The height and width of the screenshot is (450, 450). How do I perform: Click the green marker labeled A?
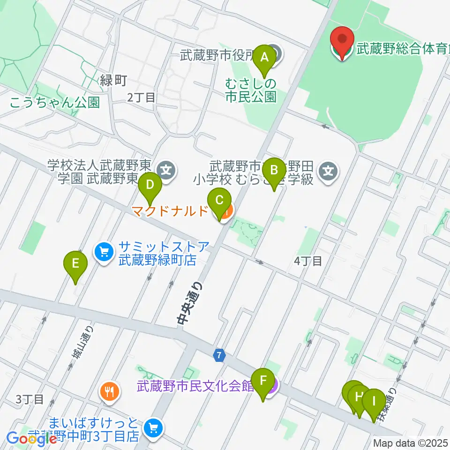point(264,58)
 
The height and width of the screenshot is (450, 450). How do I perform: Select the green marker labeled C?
point(219,202)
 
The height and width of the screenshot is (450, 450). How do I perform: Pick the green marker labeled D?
point(150,185)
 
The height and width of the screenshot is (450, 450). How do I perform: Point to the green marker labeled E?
point(75,265)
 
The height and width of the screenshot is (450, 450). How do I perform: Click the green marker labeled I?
point(374,402)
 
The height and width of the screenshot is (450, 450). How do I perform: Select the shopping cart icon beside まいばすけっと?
point(153,427)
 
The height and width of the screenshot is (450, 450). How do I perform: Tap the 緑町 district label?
point(113,80)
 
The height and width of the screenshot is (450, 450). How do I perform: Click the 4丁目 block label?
point(308,261)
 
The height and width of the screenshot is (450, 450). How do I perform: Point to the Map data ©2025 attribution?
point(411,443)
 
